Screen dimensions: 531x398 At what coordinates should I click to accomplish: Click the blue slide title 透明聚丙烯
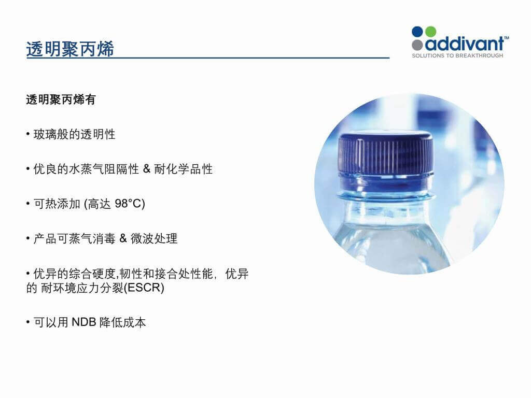pyautogui.click(x=70, y=49)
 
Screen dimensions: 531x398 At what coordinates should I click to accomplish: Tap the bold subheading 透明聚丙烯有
pyautogui.click(x=61, y=100)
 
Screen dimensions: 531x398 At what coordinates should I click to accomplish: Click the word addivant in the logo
pyautogui.click(x=465, y=44)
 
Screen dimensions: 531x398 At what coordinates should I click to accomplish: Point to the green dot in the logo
pyautogui.click(x=430, y=32)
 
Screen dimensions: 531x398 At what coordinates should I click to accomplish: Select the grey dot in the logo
pyautogui.click(x=417, y=45)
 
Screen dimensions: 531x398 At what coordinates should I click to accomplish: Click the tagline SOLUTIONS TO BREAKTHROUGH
pyautogui.click(x=457, y=55)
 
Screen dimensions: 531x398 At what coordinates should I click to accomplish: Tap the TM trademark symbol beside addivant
pyautogui.click(x=507, y=38)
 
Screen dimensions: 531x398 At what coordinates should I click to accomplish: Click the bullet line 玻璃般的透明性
pyautogui.click(x=75, y=134)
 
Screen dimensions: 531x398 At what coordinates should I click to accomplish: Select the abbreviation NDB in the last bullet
pyautogui.click(x=84, y=322)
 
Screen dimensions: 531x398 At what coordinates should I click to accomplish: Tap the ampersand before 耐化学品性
pyautogui.click(x=147, y=168)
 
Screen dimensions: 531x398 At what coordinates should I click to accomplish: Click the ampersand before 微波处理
pyautogui.click(x=123, y=238)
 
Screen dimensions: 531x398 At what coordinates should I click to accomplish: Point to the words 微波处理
pyautogui.click(x=154, y=238)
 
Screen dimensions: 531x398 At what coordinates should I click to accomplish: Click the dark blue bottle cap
pyautogui.click(x=386, y=159)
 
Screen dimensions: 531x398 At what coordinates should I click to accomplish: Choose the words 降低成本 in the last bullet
pyautogui.click(x=122, y=322)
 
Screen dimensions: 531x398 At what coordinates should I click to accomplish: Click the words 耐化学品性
pyautogui.click(x=184, y=169)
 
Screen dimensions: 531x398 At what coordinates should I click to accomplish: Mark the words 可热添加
pyautogui.click(x=57, y=204)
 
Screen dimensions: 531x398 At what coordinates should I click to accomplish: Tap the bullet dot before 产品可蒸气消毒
pyautogui.click(x=28, y=238)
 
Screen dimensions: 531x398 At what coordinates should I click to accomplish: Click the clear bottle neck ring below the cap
pyautogui.click(x=386, y=195)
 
